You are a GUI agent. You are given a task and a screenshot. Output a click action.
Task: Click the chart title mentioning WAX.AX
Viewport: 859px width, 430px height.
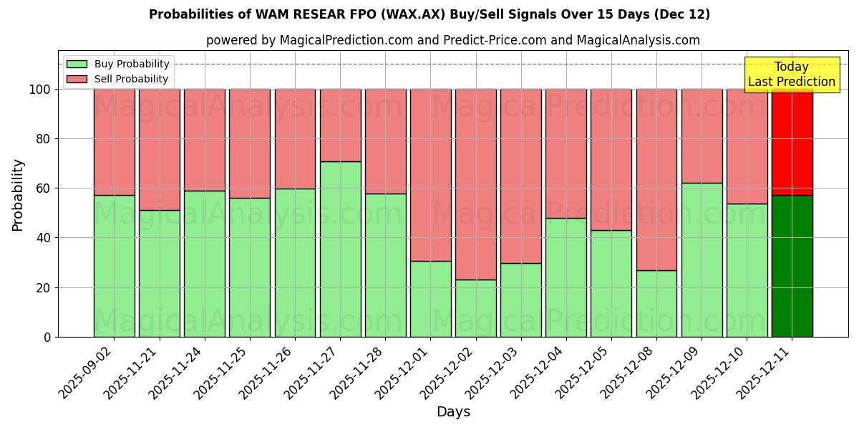pos(429,14)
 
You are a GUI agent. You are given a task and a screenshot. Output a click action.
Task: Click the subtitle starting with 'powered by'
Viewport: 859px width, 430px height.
pos(452,40)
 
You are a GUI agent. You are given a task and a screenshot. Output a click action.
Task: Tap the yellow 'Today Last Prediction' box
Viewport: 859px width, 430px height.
pos(791,75)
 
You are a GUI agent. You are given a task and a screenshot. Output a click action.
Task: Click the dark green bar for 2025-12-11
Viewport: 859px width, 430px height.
pos(792,266)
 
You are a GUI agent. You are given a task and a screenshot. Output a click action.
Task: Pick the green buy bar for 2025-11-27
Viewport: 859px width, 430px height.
pos(340,249)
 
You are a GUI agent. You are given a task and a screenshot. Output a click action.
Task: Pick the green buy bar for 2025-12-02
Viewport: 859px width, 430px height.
pos(475,308)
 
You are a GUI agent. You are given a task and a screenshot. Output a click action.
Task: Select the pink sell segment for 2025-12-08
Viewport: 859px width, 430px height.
pos(656,179)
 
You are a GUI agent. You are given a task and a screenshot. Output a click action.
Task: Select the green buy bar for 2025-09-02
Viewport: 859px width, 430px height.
pos(114,266)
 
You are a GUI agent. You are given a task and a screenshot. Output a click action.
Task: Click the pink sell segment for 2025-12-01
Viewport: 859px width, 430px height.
pos(430,175)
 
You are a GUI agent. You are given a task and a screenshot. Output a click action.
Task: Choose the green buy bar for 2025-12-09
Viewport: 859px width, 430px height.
pos(702,259)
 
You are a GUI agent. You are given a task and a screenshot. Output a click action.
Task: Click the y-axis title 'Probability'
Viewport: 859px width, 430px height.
pos(18,195)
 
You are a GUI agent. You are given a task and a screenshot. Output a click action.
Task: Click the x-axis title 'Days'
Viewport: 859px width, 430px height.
pos(452,412)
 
